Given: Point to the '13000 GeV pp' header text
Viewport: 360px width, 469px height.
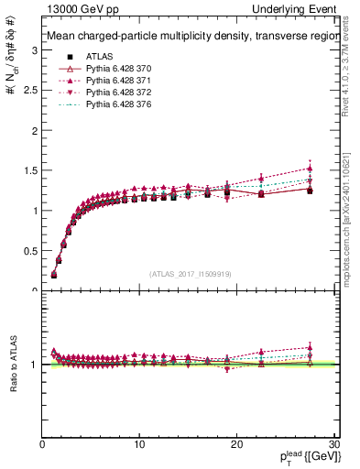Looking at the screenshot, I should (74, 8).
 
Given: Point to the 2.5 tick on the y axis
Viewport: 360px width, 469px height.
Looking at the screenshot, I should (29, 91).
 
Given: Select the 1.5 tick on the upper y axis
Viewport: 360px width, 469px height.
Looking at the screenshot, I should (29, 170).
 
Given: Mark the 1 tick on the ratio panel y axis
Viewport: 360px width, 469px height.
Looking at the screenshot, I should (34, 365).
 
